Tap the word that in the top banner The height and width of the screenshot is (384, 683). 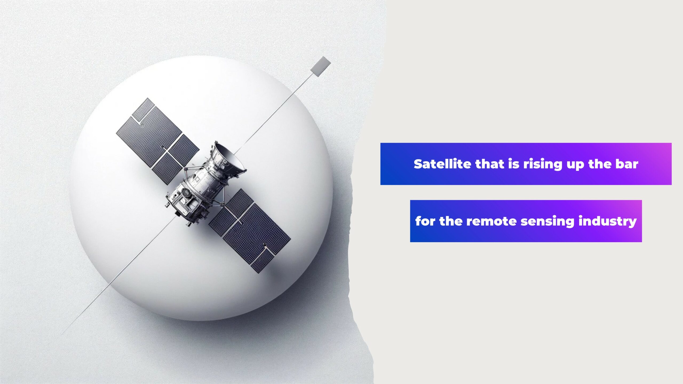coord(490,164)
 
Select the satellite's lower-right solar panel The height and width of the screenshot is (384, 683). coord(249,231)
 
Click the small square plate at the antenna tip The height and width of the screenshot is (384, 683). coord(320,66)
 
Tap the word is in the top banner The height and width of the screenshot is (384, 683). coord(514,164)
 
